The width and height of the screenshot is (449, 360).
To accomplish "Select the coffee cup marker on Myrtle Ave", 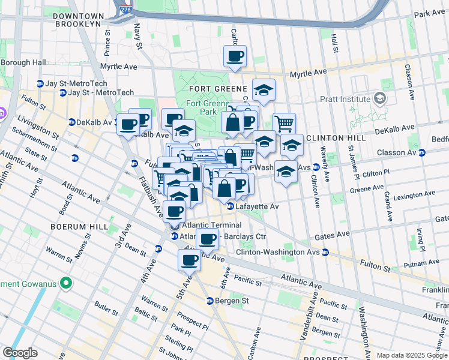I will (x=235, y=57).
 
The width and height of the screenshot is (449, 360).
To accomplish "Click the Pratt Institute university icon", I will (x=379, y=98).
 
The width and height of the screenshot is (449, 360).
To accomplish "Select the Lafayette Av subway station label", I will (x=257, y=206).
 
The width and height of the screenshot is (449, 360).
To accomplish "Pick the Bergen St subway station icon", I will (x=210, y=301).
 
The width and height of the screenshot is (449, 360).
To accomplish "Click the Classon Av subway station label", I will (x=396, y=152).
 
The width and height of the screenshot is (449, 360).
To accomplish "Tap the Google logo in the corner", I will (x=20, y=353).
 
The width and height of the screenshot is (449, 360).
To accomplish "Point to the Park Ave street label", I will (x=430, y=13).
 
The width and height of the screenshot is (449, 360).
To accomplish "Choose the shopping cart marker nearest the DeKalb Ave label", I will (x=284, y=123).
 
